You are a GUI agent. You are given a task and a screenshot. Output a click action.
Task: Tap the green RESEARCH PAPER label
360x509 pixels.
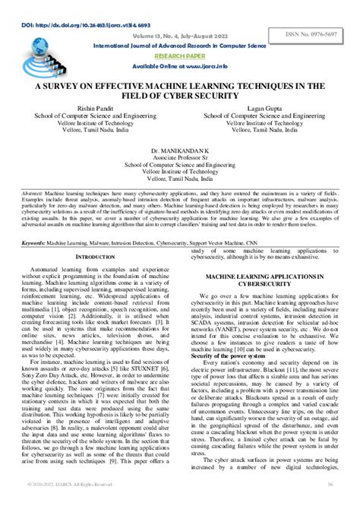(179, 55)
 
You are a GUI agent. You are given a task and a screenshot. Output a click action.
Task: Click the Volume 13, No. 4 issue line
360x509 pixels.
(179, 36)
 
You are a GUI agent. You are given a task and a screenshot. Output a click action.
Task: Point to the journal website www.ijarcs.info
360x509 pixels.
(180, 67)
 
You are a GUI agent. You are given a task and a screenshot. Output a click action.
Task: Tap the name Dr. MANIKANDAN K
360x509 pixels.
(181, 152)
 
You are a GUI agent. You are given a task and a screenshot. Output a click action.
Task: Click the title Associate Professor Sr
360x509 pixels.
(181, 160)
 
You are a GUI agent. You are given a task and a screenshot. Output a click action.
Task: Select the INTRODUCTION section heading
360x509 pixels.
(103, 258)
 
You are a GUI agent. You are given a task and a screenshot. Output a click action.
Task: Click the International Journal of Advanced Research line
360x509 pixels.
(180, 46)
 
